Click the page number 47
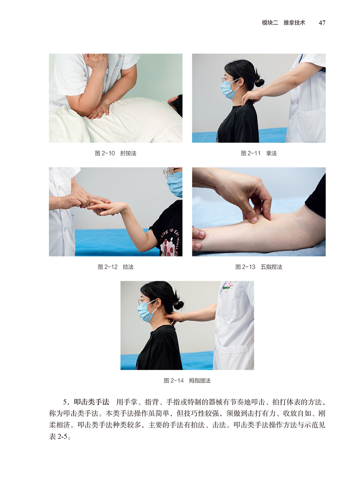322,23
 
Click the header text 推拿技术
294,23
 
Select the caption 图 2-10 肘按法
116,153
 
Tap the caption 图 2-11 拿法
259,153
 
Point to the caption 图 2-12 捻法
116,267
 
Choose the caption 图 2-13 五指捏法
259,267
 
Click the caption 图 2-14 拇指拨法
187,380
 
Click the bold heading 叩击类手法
91,402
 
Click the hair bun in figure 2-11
259,83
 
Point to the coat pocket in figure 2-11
311,122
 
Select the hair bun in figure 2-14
178,306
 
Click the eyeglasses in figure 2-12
168,173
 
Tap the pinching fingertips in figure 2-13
256,218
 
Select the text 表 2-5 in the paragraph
58,437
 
